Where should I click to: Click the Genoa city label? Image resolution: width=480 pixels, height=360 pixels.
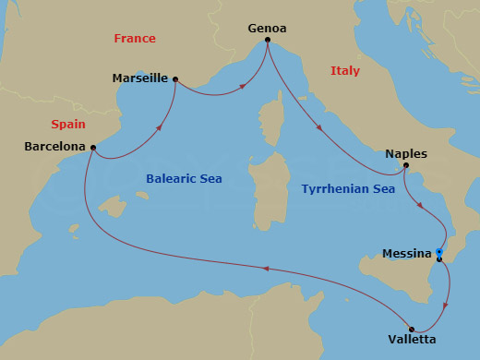pos(267,28)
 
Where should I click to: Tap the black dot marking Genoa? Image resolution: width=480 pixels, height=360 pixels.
pos(268,40)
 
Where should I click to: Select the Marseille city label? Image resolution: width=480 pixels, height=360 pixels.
pos(139,78)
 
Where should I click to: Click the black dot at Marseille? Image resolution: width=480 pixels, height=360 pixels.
pos(175,79)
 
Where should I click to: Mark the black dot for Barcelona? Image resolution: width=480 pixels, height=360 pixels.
pos(92,147)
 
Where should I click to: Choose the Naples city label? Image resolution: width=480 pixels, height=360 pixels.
pos(406,153)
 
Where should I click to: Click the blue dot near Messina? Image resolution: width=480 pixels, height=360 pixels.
pos(440,252)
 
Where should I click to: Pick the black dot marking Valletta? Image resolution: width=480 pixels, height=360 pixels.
pos(412,328)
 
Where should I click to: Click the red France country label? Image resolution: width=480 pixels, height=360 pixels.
pos(135,39)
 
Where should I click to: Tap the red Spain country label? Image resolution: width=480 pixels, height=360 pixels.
pos(68,123)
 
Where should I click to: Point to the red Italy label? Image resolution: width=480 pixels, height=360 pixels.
pos(344,70)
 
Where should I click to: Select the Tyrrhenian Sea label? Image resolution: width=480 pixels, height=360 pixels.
pos(348,188)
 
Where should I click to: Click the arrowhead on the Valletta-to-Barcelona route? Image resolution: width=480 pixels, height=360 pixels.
pos(265,269)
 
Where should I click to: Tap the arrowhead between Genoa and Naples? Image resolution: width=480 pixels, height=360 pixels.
pos(319,128)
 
